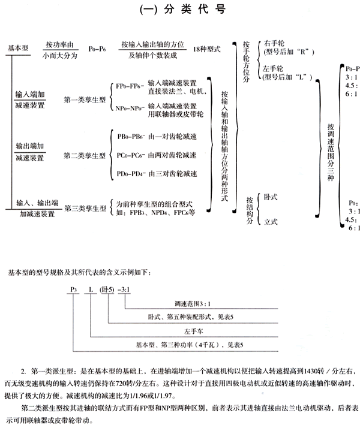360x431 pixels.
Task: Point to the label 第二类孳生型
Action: (84, 156)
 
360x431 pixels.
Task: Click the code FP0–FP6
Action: (128, 86)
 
